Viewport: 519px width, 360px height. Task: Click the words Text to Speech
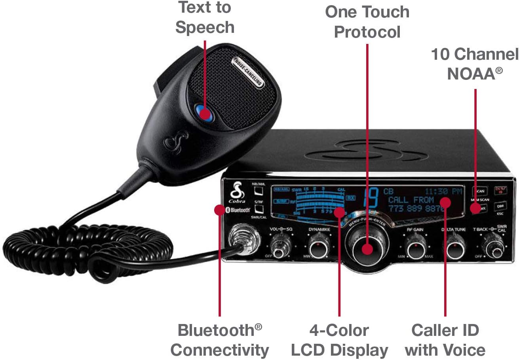coord(205,17)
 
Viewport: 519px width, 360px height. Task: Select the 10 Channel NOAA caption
coord(475,63)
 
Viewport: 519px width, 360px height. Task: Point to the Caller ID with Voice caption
coord(445,340)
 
